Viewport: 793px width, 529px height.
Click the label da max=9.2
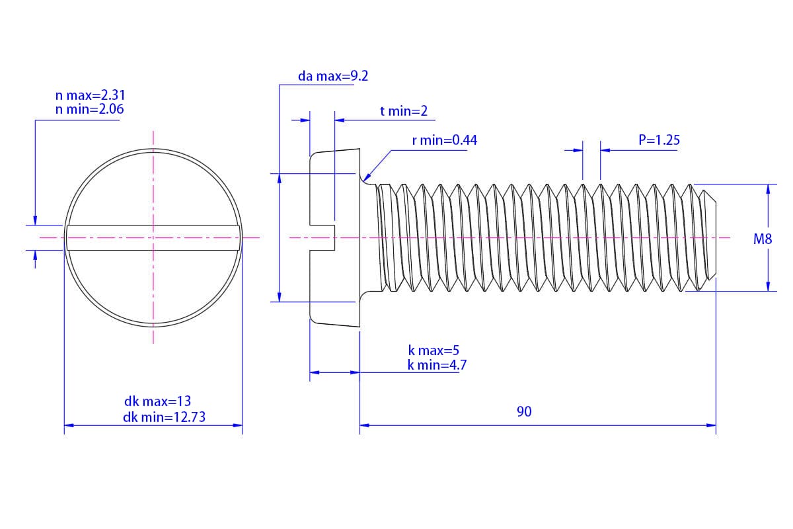[332, 76]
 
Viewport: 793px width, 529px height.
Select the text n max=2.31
[90, 96]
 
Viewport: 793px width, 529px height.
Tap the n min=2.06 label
[90, 109]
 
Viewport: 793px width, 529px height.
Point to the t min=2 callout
[403, 111]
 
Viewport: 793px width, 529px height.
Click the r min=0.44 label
[444, 140]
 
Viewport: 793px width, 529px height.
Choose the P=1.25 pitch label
[659, 140]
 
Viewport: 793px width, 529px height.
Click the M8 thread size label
[763, 239]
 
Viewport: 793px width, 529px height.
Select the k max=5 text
[433, 350]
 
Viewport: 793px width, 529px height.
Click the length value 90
[524, 411]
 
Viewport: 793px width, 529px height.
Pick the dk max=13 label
[157, 401]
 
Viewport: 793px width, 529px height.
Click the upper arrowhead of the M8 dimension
[768, 188]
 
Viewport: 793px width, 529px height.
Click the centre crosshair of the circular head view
[153, 237]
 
